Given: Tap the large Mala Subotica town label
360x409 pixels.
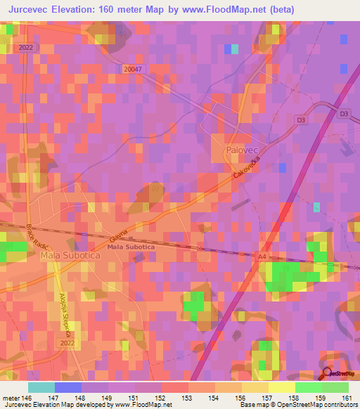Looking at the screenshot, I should (x=70, y=257).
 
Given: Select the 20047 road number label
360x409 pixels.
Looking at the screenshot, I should (x=131, y=69).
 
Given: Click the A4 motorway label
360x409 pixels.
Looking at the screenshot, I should (x=262, y=258).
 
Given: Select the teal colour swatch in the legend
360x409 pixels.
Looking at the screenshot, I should (x=41, y=387).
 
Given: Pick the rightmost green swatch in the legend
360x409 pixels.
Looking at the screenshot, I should (x=335, y=387).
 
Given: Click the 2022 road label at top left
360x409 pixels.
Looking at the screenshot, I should (x=25, y=47).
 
